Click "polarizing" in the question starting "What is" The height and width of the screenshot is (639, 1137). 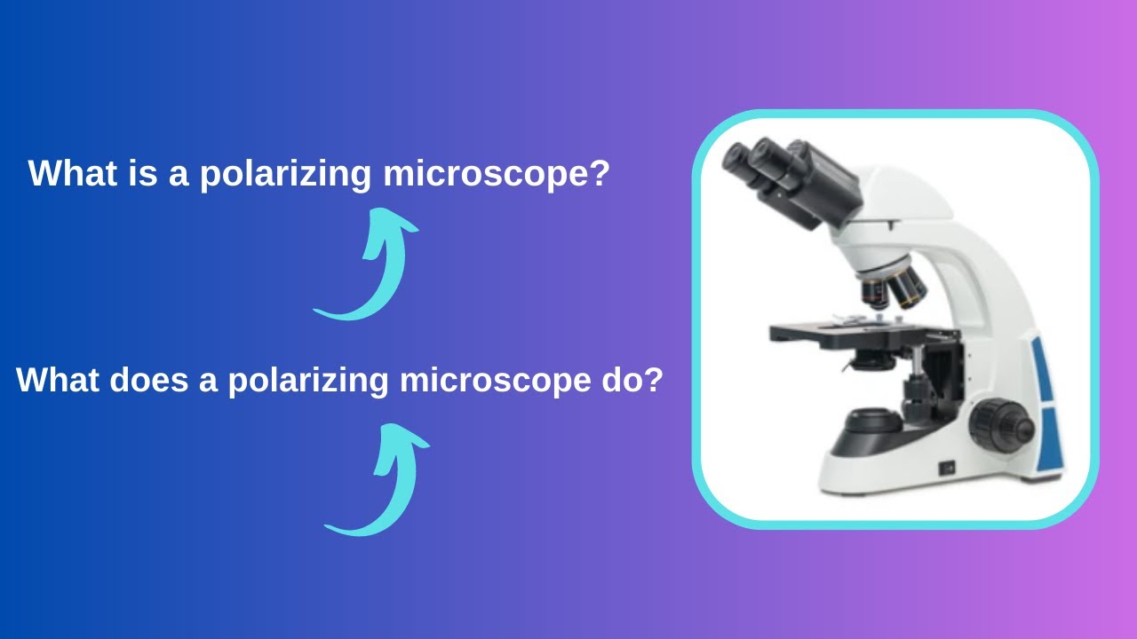(285, 174)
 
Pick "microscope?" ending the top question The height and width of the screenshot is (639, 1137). (497, 174)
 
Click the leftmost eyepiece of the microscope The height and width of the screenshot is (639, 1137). (738, 159)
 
